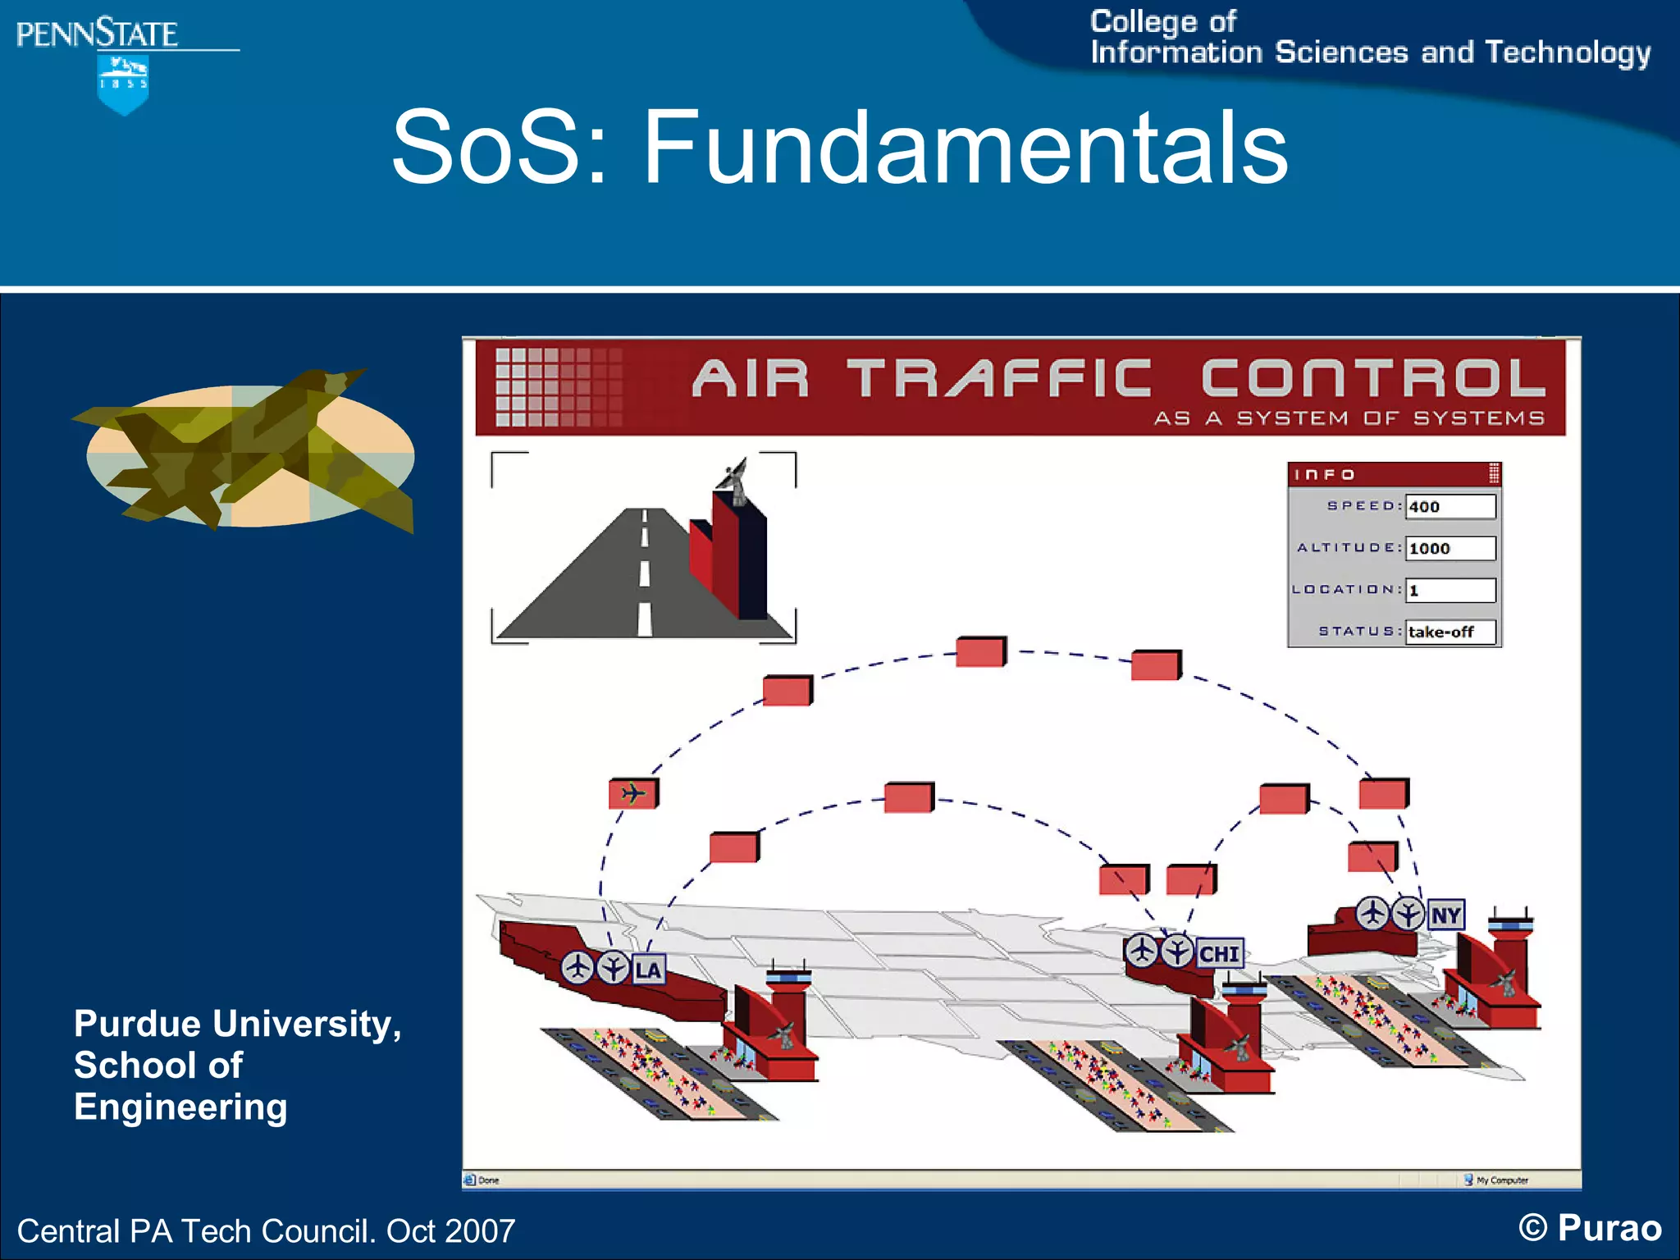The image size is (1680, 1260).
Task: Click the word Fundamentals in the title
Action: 964,148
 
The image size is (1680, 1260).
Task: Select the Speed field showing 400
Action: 1449,507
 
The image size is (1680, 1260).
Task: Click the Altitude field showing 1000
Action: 1449,549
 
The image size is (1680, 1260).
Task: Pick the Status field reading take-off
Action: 1449,632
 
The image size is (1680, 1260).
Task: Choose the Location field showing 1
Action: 1449,591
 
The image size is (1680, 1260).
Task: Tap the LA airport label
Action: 647,970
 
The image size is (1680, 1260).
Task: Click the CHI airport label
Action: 1219,954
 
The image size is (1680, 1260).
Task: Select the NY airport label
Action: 1445,915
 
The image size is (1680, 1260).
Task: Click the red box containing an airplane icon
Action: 632,794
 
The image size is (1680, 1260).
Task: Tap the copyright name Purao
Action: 1609,1228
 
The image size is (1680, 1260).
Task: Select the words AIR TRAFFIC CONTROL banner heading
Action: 1118,379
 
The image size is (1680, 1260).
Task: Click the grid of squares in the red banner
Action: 558,387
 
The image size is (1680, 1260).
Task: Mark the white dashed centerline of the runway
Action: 645,573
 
